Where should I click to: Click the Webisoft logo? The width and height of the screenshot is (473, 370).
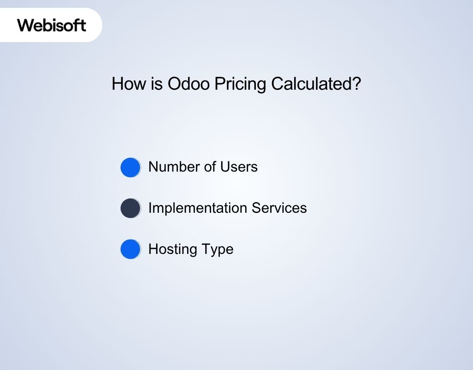52,25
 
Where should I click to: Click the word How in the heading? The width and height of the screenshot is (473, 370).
125,84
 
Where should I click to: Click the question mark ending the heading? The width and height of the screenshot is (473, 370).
356,84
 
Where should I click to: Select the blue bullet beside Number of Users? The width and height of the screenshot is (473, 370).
130,167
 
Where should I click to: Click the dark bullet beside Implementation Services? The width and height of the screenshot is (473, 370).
130,208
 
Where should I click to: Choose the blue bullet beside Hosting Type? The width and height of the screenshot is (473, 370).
130,249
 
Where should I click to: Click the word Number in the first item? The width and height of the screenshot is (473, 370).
174,166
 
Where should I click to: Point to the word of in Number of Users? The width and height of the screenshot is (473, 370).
211,166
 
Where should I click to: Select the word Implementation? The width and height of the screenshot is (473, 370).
198,208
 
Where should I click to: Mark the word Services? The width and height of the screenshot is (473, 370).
279,208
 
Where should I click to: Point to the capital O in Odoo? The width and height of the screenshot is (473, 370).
174,84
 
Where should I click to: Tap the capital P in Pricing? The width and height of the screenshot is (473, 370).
219,84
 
